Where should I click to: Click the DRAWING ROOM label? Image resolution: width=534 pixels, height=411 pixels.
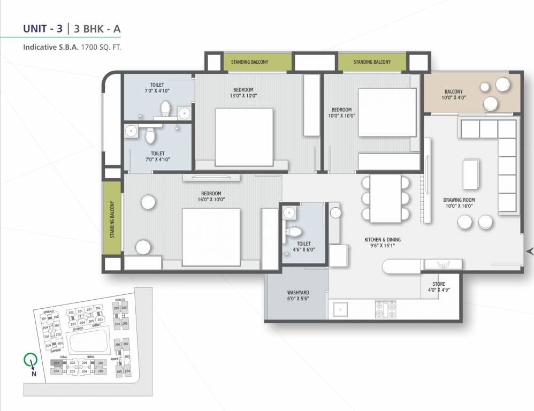(x=459, y=200)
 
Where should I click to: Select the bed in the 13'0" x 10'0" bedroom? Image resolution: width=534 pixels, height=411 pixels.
(x=244, y=137)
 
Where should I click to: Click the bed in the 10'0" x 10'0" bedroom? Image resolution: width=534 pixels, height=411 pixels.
(x=387, y=112)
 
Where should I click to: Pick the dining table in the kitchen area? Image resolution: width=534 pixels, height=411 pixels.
(x=385, y=198)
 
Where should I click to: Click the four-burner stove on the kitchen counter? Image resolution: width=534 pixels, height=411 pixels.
(x=385, y=309)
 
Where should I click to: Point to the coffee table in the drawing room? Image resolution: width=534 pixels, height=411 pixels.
(x=471, y=173)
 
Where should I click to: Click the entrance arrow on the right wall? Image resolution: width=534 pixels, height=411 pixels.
(x=530, y=251)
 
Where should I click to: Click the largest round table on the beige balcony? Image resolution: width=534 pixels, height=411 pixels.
(x=504, y=85)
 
